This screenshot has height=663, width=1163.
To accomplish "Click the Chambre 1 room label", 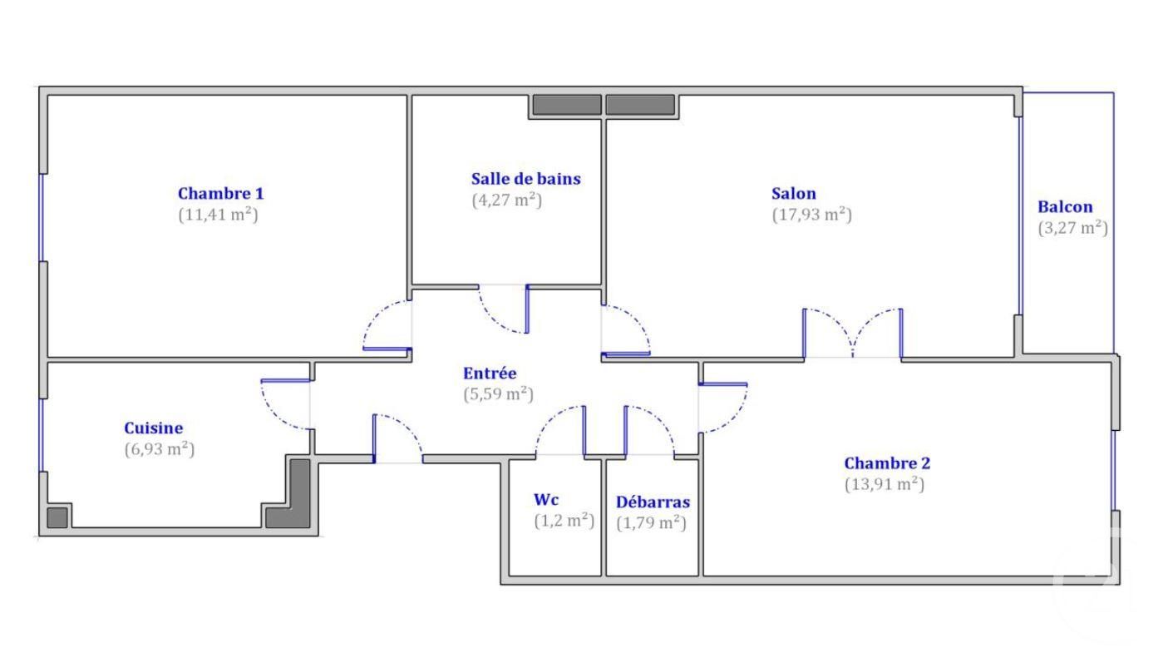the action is (220, 194).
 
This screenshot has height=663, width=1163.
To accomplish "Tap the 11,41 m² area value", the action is (218, 215).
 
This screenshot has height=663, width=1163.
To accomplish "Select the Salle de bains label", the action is (526, 179).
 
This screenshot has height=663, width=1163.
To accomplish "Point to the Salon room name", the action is (793, 194).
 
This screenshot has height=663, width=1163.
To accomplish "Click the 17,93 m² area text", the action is (812, 215).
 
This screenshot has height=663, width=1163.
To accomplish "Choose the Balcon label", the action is (1065, 207).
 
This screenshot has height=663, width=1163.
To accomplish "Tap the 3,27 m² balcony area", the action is (1072, 228).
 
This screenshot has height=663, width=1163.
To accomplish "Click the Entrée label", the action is (490, 373).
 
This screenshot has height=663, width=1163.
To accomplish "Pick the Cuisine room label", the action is (153, 428).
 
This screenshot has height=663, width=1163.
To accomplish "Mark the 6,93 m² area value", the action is (160, 449).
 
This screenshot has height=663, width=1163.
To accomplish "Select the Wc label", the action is (546, 500).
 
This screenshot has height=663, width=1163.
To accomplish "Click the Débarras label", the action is (653, 502).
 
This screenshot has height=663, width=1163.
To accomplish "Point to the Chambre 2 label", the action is (887, 463).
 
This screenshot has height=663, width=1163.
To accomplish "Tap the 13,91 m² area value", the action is (885, 484).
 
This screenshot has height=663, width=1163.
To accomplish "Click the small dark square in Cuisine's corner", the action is (57, 517).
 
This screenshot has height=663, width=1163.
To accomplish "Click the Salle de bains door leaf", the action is (527, 309).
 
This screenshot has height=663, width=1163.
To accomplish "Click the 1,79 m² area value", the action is (651, 522).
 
